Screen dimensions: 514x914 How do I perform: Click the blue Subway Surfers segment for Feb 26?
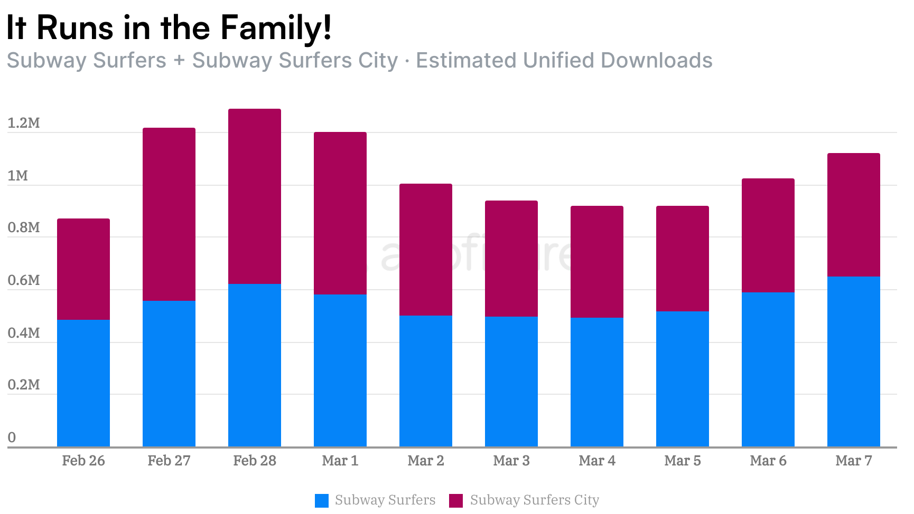tap(83, 383)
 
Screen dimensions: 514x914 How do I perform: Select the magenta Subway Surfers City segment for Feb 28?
tap(255, 196)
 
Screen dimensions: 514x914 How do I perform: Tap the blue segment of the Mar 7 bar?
tap(854, 361)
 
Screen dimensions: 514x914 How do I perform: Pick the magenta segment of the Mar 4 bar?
tap(597, 262)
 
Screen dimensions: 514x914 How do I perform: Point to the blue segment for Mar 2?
tap(426, 381)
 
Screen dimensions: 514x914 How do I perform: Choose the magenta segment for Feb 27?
tap(169, 214)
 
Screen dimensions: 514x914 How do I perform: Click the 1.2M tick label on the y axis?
tap(24, 123)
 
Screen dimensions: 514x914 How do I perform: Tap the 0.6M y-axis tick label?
tap(24, 280)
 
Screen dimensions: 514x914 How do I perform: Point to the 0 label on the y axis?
tap(12, 437)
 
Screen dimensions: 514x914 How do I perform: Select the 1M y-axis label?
tap(18, 176)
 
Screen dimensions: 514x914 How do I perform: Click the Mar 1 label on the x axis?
tap(340, 461)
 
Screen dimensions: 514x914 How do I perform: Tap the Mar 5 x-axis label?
tap(683, 461)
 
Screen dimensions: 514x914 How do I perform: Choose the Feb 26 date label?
tap(83, 461)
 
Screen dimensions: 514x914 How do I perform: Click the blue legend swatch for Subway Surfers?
tap(321, 500)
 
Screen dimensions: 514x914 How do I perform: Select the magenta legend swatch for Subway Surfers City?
tap(455, 500)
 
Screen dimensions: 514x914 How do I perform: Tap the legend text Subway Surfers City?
tap(535, 500)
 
